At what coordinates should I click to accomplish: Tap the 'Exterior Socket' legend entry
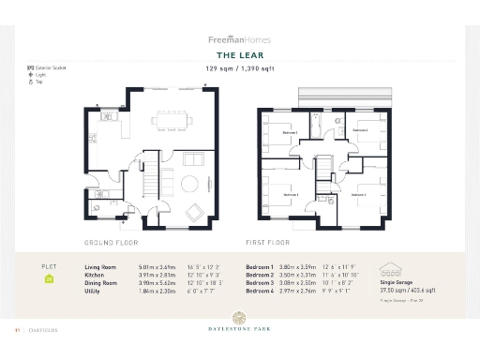(51, 67)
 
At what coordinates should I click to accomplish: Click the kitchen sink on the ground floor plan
(106, 118)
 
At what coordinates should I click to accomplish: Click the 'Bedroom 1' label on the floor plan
(360, 195)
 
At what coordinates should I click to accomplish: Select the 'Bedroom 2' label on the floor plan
(291, 133)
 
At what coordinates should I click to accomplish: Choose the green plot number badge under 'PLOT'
(49, 278)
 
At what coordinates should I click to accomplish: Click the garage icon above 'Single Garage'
(387, 270)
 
